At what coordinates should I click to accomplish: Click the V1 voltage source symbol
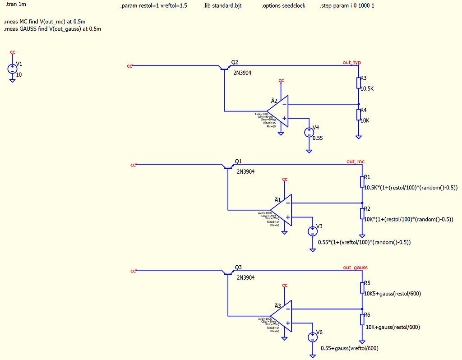(12, 69)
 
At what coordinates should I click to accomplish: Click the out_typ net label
(351, 62)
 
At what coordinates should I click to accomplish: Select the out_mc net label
(356, 161)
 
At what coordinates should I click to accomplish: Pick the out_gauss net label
(355, 268)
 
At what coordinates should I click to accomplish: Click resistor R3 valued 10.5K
(359, 83)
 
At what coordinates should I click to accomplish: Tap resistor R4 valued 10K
(359, 114)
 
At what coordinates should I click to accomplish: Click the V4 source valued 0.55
(309, 132)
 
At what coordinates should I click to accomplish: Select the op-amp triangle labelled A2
(279, 111)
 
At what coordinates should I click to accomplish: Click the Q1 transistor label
(238, 161)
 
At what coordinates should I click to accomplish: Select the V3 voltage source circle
(312, 231)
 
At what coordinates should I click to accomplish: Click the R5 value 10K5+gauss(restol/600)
(393, 294)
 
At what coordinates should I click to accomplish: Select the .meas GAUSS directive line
(52, 29)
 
